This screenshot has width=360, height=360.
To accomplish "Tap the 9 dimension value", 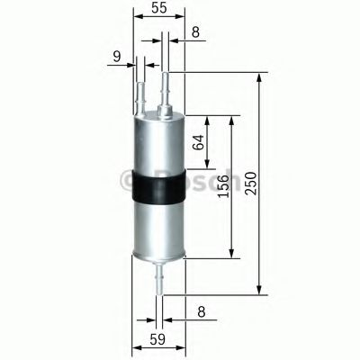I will click(x=116, y=58).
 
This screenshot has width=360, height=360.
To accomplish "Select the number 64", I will click(x=200, y=141).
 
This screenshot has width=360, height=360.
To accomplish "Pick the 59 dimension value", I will click(x=158, y=339).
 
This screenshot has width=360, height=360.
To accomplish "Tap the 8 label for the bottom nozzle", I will click(x=200, y=312).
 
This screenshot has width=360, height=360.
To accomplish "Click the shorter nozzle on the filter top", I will click(x=141, y=94).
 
